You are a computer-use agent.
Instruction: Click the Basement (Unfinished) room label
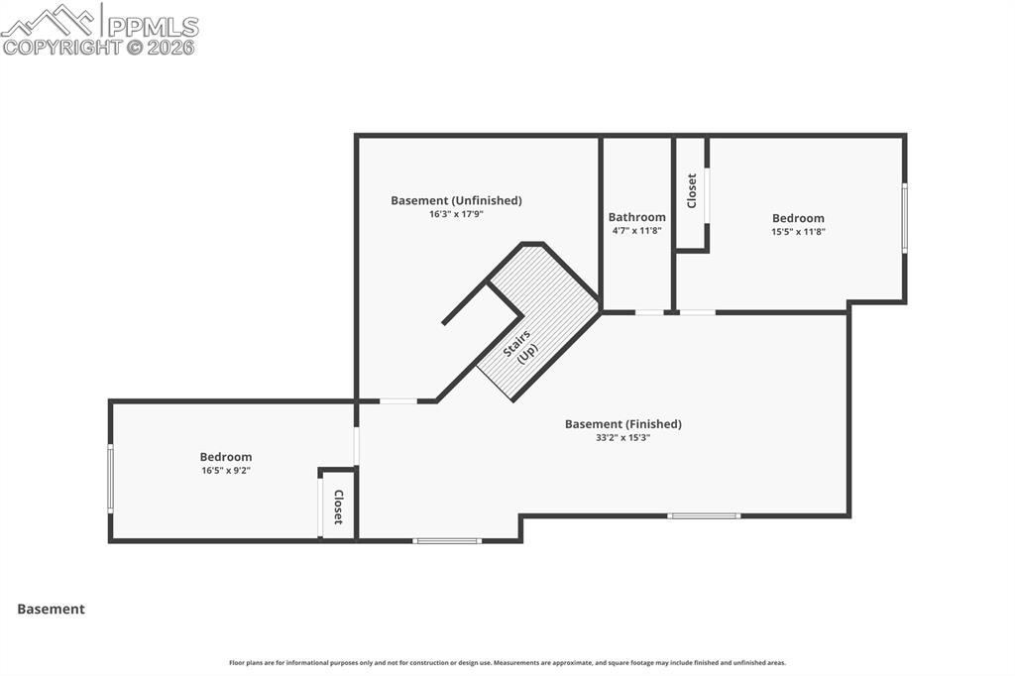click(456, 200)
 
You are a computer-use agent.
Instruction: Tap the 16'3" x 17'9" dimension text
click(456, 214)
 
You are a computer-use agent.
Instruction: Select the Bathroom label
click(636, 217)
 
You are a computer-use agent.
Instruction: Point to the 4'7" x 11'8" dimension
click(636, 231)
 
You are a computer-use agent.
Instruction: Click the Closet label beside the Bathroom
click(692, 190)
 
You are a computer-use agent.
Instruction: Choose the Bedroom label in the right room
click(798, 218)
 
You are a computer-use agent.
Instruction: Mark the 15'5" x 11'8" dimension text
click(798, 232)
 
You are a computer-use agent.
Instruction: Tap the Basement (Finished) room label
click(623, 424)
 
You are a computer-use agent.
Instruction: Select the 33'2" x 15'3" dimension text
click(623, 438)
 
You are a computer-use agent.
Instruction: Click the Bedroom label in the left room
click(226, 457)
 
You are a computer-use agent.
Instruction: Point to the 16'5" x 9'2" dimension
click(226, 471)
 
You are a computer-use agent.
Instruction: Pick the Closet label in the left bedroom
click(338, 507)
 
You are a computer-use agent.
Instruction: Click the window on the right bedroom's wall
click(904, 218)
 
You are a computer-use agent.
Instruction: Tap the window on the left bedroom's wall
click(110, 478)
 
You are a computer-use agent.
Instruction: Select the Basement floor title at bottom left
click(51, 610)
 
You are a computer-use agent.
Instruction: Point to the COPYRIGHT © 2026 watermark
click(99, 47)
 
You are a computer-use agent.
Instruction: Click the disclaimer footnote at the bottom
click(507, 663)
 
